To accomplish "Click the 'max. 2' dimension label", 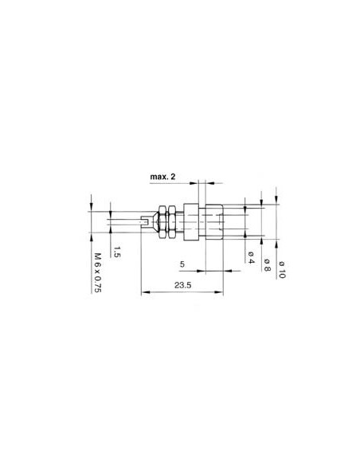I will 164,175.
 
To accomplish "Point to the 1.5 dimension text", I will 116,253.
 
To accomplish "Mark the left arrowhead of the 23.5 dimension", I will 143,292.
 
